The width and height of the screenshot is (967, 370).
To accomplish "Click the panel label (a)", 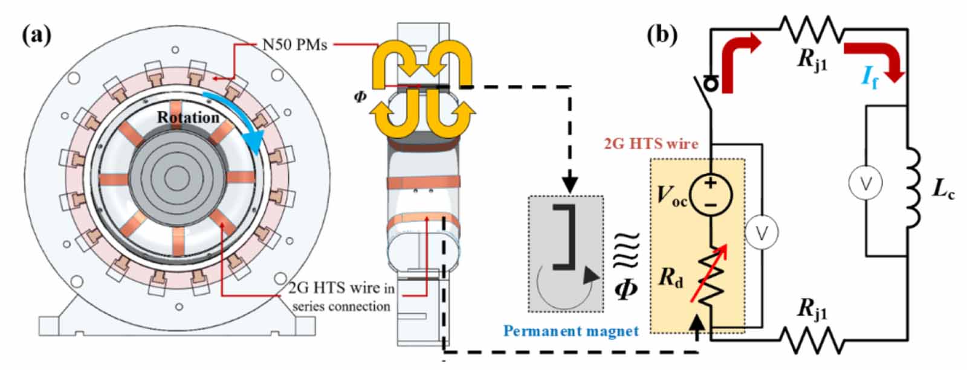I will (x=36, y=36).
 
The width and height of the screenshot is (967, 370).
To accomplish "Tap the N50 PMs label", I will (x=294, y=45).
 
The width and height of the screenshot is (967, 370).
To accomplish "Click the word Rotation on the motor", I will (x=188, y=117).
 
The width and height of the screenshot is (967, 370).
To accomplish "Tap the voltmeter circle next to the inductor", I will (x=865, y=183).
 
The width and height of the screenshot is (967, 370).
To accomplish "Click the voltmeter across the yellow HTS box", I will (x=762, y=232).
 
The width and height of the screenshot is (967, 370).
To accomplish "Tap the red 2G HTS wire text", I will (x=651, y=144).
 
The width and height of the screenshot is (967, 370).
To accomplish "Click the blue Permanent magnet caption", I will (x=571, y=331).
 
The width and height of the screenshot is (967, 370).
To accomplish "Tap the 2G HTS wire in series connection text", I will (x=341, y=297).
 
